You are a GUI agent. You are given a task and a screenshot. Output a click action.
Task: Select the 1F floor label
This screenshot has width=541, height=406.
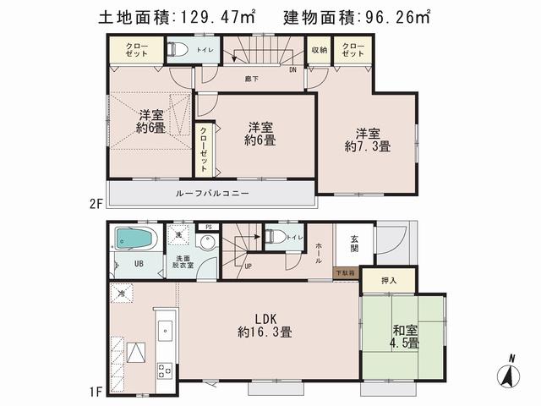[96, 392]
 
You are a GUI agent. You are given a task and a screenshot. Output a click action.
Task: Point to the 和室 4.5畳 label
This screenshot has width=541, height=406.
[402, 337]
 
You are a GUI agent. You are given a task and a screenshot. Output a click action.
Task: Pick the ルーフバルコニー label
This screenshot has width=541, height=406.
[212, 194]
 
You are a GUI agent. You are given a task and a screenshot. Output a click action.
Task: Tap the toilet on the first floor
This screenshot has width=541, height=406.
[273, 237]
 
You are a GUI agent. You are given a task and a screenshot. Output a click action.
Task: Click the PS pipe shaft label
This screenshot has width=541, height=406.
[209, 228]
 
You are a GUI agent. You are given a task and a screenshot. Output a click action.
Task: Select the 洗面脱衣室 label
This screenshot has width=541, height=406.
[183, 261]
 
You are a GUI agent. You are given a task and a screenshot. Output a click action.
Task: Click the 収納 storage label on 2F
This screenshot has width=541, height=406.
[318, 49]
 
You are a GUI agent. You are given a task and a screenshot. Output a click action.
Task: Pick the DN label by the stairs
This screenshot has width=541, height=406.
[292, 71]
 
